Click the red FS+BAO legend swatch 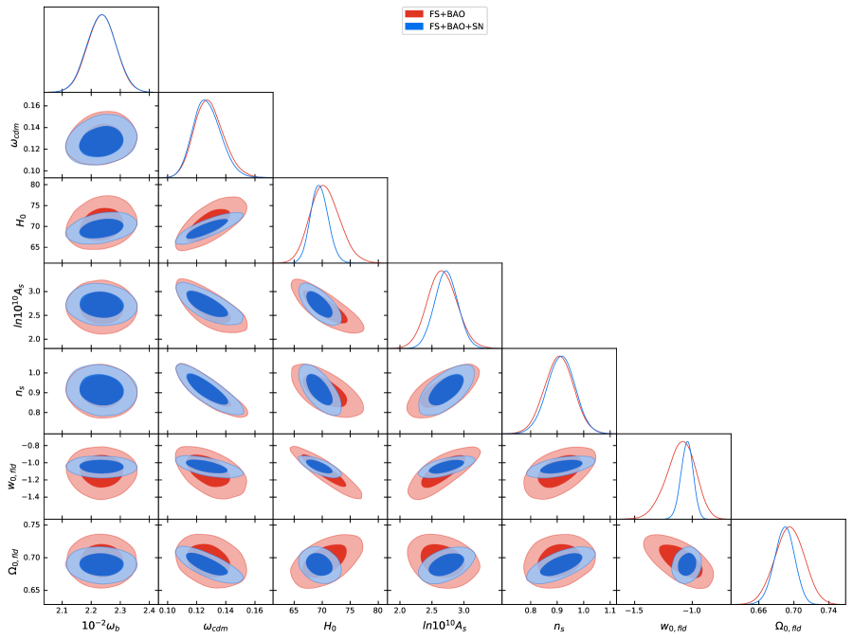click(414, 15)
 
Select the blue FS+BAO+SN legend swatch click(414, 27)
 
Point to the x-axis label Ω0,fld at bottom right click(788, 626)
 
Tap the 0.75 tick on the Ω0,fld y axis click(30, 524)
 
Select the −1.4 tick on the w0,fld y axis click(31, 496)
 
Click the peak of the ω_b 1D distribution click(101, 15)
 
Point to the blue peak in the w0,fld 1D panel click(686, 442)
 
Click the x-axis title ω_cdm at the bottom click(215, 626)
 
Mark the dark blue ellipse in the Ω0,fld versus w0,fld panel click(686, 565)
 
